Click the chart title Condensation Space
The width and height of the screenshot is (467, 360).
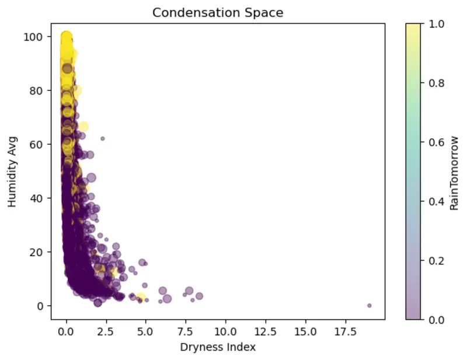[218, 13]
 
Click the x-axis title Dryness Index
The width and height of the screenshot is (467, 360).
[218, 347]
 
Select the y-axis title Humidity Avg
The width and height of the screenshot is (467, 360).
[12, 172]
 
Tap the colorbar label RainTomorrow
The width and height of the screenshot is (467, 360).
[454, 173]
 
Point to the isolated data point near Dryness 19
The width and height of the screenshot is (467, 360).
[369, 305]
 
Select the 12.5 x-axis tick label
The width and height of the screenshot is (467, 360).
[266, 331]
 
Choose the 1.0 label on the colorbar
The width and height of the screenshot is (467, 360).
[436, 24]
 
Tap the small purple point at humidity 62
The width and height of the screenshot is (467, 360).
[103, 138]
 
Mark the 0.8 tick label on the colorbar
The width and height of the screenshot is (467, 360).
[436, 83]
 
